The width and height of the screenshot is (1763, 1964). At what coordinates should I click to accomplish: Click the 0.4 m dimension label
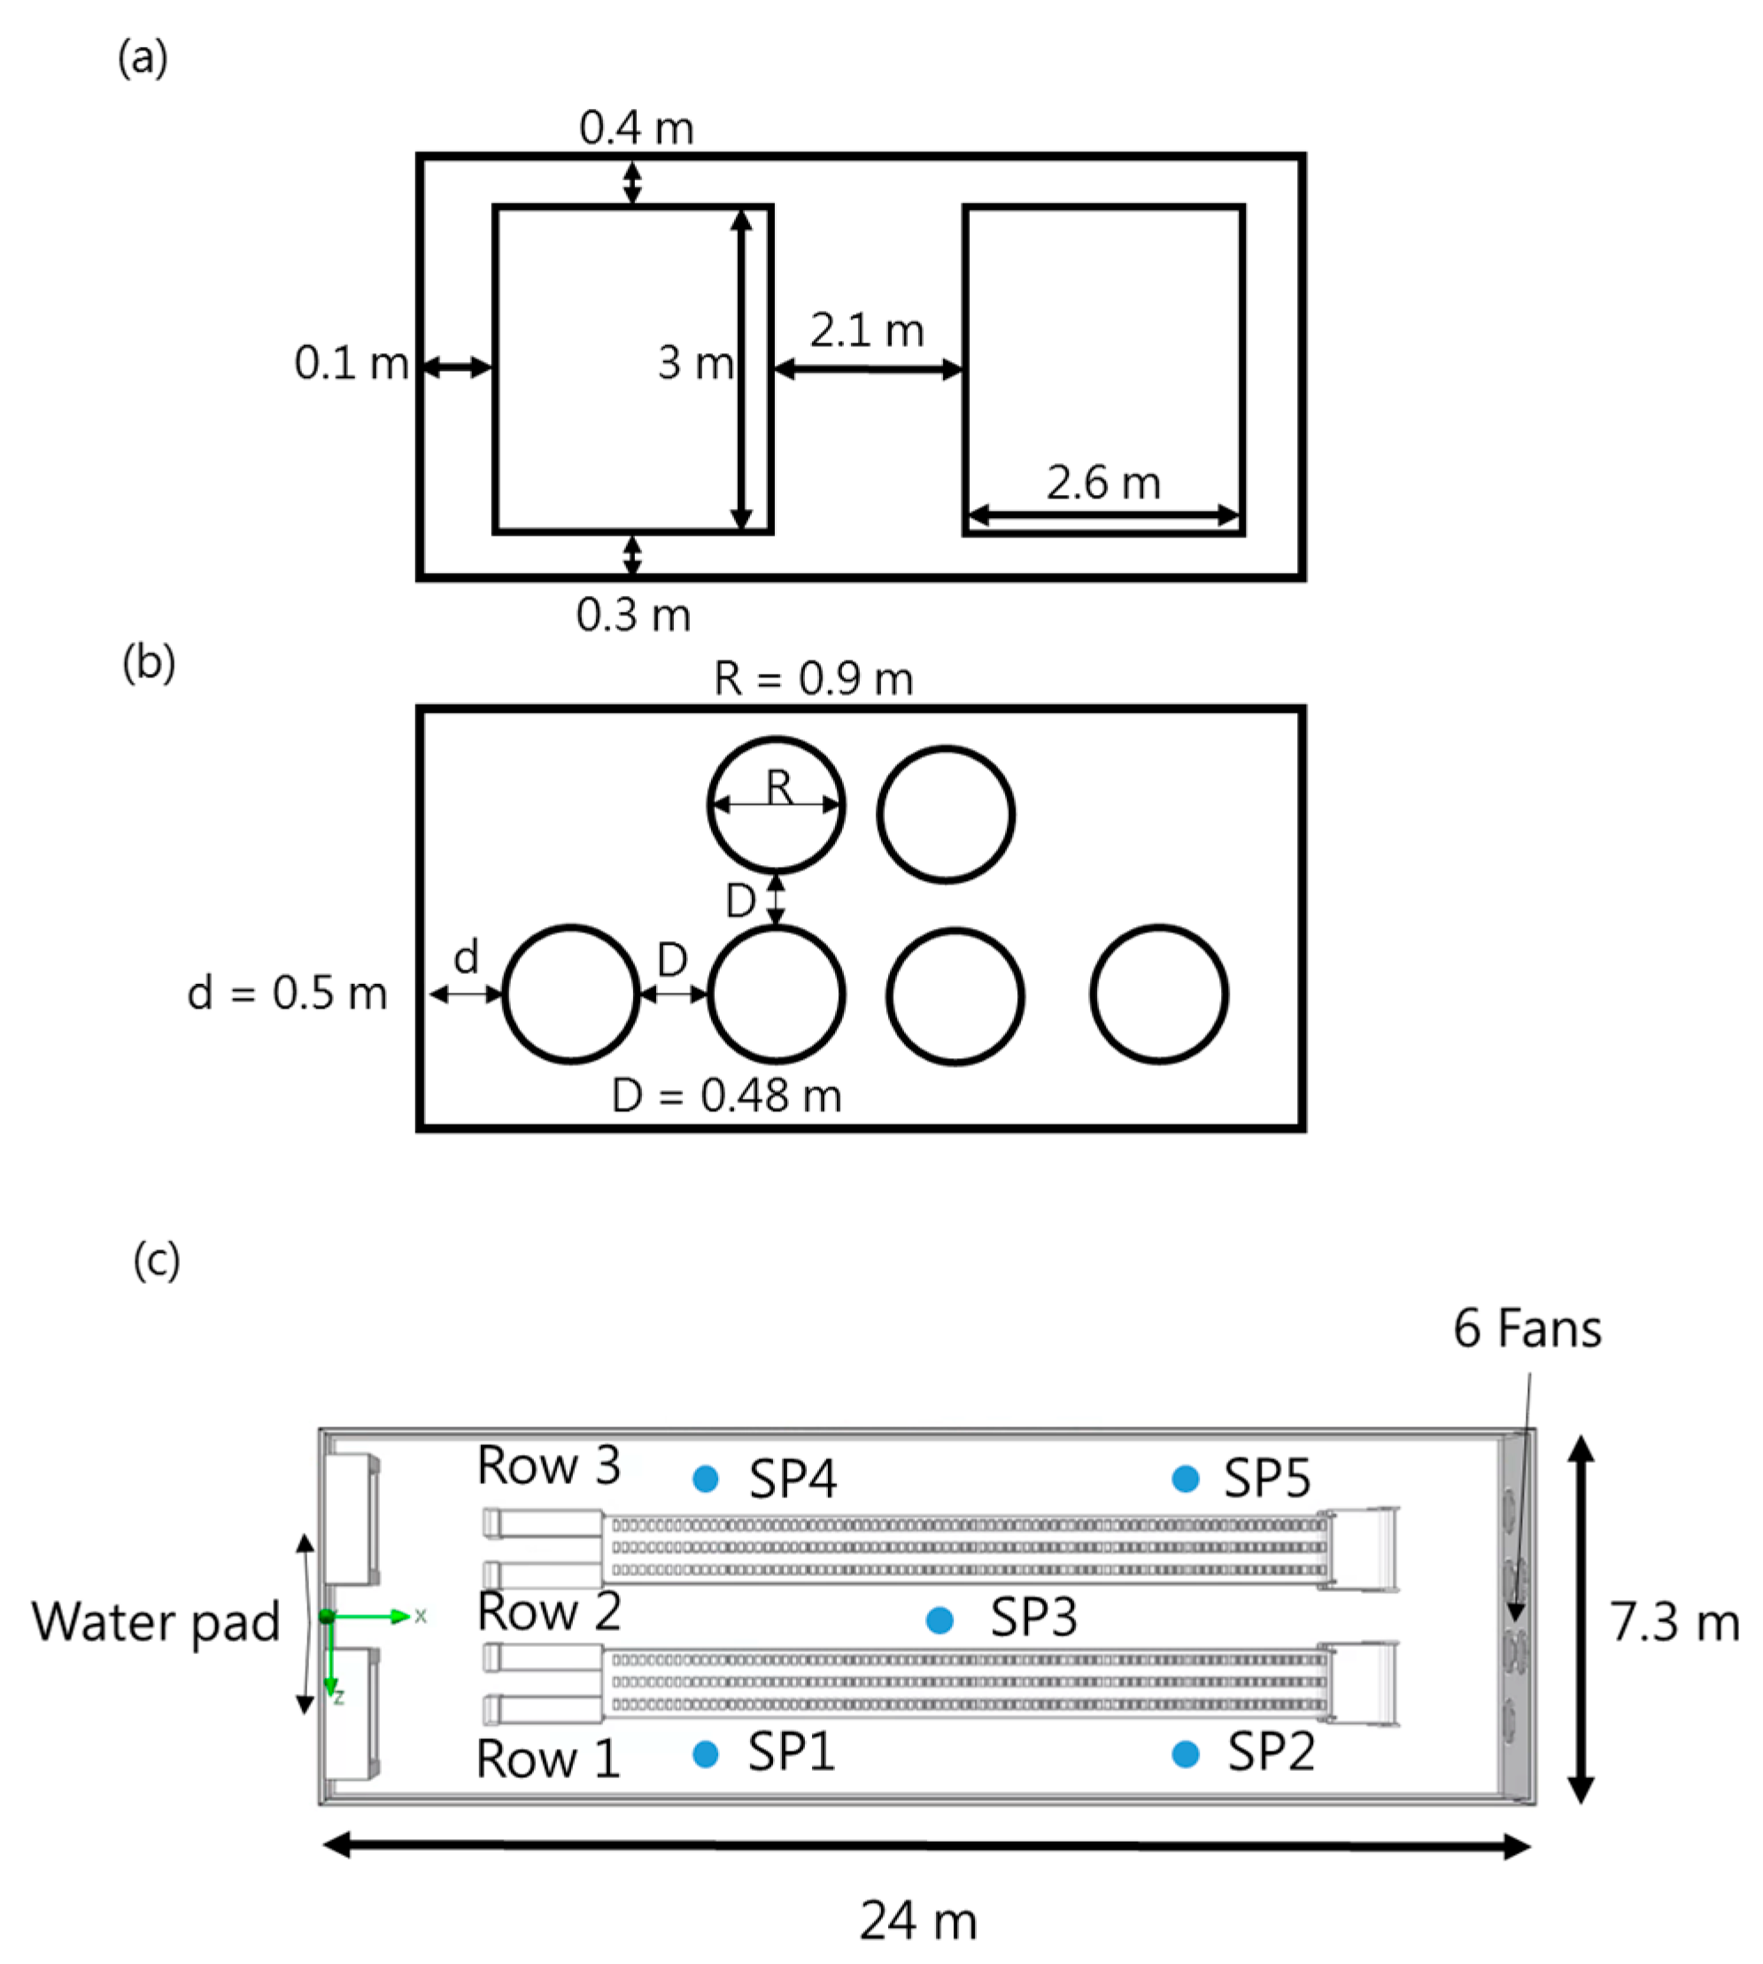point(637,128)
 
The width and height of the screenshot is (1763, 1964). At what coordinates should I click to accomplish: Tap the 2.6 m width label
point(1103,483)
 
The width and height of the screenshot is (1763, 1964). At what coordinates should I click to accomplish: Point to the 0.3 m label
point(633,615)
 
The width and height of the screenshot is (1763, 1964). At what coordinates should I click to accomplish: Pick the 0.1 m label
point(351,363)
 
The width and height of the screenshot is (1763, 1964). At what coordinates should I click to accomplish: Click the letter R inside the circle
point(780,786)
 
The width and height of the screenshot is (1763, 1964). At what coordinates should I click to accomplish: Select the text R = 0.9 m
point(813,678)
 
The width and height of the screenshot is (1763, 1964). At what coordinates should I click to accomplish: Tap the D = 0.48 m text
point(726,1096)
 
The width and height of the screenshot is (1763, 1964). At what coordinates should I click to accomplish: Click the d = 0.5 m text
point(287,994)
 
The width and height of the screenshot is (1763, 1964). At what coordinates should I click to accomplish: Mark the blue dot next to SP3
point(939,1620)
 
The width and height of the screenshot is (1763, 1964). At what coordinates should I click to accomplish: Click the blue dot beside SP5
point(1186,1479)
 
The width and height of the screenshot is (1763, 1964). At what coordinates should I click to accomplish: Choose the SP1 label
point(792,1751)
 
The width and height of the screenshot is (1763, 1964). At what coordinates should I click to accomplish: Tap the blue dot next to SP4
point(706,1479)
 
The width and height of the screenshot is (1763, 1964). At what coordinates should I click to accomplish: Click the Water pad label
point(155,1622)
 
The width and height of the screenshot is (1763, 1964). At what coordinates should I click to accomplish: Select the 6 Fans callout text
point(1527,1329)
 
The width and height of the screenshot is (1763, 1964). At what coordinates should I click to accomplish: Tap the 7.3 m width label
point(1674,1622)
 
